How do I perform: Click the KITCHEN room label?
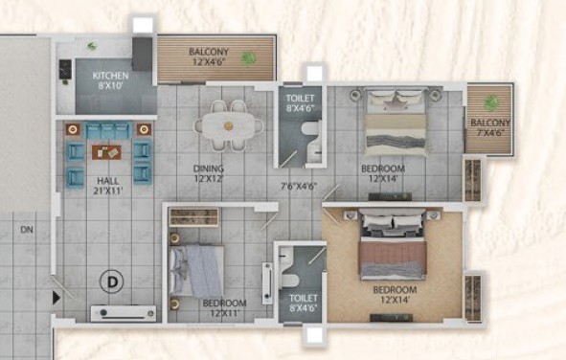coord(110,76)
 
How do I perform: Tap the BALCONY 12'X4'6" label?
coord(209,56)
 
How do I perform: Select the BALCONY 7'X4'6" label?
coord(490,127)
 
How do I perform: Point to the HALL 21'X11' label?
coord(108,186)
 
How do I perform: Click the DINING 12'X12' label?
coord(209,173)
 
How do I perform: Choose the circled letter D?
coord(112,281)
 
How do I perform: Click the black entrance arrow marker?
coord(57,298)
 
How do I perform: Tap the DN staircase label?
coord(27,230)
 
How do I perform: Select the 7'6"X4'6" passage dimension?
coord(299,186)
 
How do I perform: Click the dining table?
coord(229,125)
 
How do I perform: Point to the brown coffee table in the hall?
coord(106,152)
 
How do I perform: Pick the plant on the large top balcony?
coord(248,57)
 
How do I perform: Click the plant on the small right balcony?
coord(490,102)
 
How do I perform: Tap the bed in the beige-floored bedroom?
coord(393,244)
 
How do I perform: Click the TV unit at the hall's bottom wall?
coord(124,313)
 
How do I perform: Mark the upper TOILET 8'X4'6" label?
coord(301,102)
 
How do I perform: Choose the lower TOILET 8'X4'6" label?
coord(304,303)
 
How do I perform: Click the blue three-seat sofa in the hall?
coord(107,131)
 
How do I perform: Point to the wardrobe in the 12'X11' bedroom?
coord(194,217)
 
